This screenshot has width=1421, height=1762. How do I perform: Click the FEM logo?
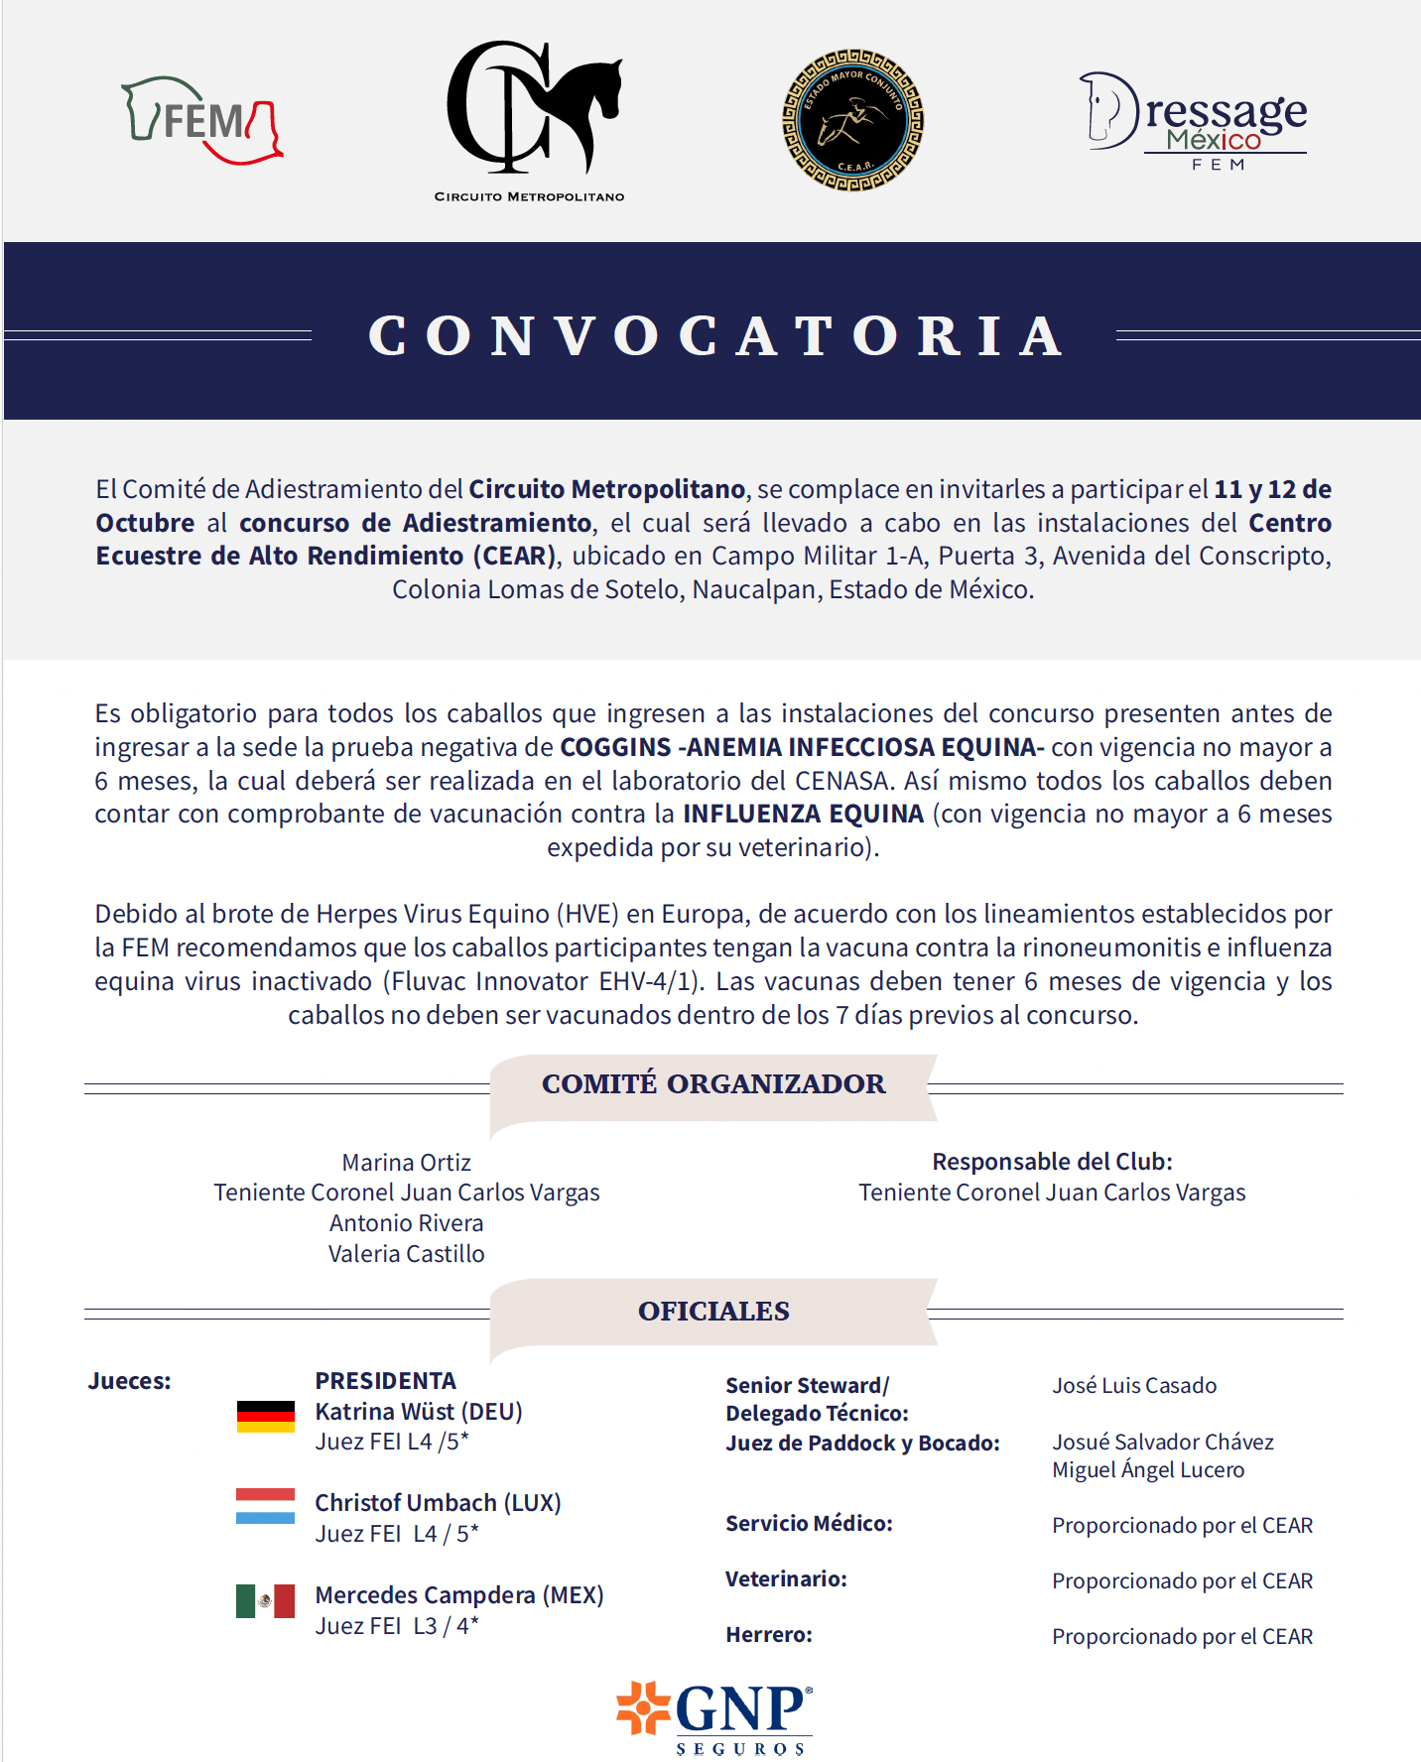pos(201,120)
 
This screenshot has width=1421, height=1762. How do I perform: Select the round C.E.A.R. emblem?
pos(852,120)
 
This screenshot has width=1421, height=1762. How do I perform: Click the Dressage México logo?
pos(1194,121)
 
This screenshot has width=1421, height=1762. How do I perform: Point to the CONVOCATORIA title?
pos(714,335)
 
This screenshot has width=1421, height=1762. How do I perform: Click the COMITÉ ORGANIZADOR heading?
pos(713,1083)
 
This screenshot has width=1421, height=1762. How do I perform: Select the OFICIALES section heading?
pos(713,1311)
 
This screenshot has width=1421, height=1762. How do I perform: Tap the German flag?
pos(265,1416)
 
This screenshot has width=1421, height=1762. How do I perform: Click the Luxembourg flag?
pos(265,1505)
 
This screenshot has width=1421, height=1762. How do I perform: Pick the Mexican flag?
pos(265,1600)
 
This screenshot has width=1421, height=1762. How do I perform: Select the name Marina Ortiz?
pos(406,1162)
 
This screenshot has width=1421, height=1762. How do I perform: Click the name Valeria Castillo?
pos(406,1254)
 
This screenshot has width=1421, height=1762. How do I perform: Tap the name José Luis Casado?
pos(1134,1385)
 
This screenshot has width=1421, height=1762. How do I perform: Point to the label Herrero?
pos(769,1634)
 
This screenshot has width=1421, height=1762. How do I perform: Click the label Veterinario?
pos(786,1578)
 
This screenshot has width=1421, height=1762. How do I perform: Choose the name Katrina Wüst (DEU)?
pos(419,1411)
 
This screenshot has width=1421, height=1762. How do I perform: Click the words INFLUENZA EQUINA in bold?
pos(803,814)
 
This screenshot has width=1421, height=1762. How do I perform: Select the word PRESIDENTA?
pos(385,1380)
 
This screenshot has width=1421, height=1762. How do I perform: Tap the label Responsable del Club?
pos(1052,1161)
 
